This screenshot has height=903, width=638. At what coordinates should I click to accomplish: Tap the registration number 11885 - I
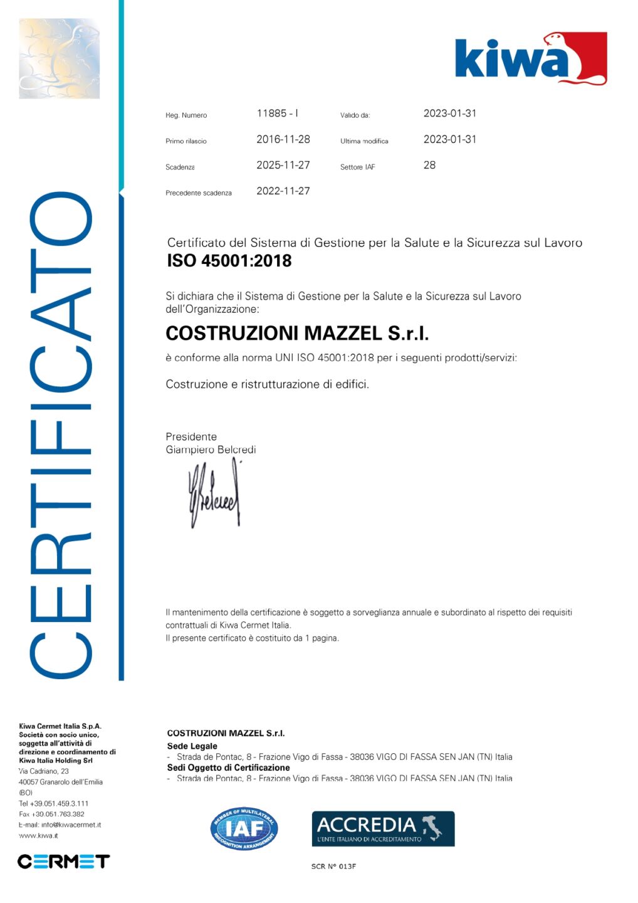tap(277, 114)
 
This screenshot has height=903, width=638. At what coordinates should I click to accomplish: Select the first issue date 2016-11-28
tap(283, 139)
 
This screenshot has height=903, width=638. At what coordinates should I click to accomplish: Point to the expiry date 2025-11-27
tap(283, 165)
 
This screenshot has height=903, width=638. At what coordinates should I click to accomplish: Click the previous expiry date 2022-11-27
tap(283, 191)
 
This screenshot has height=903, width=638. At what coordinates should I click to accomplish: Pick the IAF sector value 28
tap(429, 165)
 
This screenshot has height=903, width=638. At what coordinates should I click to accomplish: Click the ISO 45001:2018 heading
tap(229, 261)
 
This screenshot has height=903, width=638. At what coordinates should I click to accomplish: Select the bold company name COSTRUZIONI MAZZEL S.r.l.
tap(297, 333)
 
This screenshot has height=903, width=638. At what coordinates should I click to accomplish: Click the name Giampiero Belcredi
tap(211, 450)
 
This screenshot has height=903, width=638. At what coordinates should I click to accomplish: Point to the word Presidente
tap(191, 436)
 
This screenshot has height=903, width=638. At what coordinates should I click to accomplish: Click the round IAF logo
tap(244, 828)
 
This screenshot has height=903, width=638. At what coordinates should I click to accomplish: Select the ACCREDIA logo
tap(383, 828)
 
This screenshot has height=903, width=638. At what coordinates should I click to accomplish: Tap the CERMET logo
tap(63, 861)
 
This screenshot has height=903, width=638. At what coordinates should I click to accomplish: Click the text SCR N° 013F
tap(333, 867)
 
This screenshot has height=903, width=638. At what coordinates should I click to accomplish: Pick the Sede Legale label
tap(192, 746)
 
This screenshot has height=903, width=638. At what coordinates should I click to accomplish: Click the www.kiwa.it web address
tap(39, 835)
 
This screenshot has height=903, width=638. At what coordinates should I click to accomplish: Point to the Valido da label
tap(355, 115)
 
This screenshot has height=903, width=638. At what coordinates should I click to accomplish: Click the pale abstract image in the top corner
tap(59, 58)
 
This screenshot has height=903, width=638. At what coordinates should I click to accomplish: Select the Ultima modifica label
tap(364, 141)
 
